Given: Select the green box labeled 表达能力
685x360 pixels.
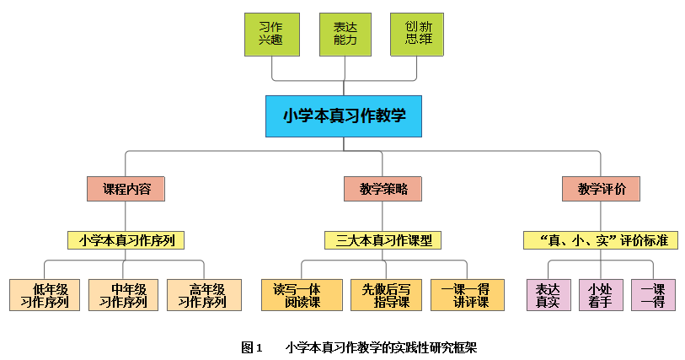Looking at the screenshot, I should (x=345, y=35).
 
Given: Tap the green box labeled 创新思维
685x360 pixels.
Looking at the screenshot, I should (x=416, y=35).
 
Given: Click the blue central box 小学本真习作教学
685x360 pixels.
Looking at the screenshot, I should (x=343, y=116).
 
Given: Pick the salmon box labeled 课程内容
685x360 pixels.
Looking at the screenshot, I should (x=126, y=189).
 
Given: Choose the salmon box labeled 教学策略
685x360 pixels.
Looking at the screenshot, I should (x=383, y=189).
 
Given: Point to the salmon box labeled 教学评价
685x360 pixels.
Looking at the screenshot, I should (x=601, y=189).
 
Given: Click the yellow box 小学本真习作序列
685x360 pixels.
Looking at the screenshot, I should (x=126, y=240).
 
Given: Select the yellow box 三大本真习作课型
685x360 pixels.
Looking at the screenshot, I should (x=383, y=240).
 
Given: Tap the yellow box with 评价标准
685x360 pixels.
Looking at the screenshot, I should (x=601, y=240).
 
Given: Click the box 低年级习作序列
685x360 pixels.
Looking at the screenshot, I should (x=45, y=295).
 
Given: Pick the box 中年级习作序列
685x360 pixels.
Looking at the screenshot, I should (x=124, y=295).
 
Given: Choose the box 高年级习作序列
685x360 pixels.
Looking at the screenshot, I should (x=203, y=295).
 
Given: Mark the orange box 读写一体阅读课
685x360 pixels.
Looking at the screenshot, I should (x=302, y=295).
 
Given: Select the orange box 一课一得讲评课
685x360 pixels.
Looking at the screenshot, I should (x=467, y=295).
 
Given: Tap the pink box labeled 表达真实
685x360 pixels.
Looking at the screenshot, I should (x=548, y=295).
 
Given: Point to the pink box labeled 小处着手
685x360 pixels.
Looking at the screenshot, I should (x=600, y=295).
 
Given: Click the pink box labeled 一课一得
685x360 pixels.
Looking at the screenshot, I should (x=653, y=295).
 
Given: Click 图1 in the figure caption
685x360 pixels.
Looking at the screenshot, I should (x=252, y=347).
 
